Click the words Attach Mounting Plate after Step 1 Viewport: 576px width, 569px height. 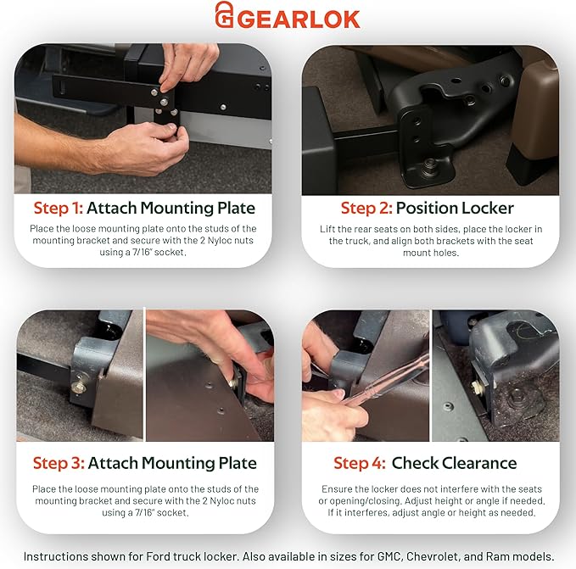coord(171,208)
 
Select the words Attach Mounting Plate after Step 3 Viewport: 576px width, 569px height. coord(171,463)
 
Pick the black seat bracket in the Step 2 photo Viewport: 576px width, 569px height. coord(424,127)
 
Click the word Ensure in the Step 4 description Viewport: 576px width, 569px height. coord(338,489)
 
